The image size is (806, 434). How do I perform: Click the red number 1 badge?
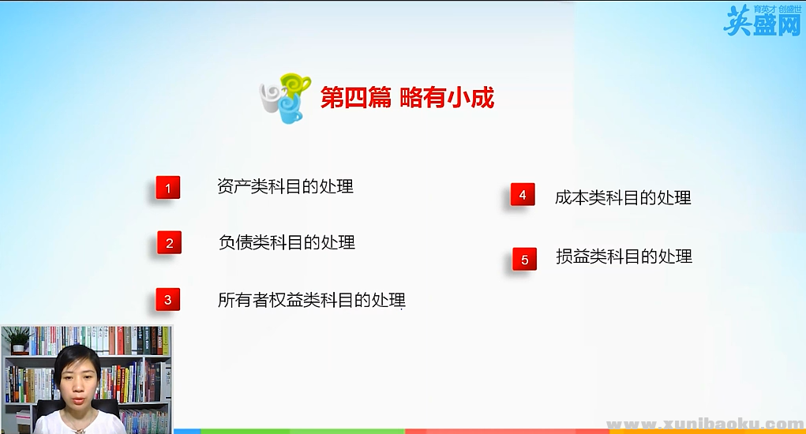click(168, 188)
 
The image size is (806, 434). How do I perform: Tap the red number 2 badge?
click(169, 243)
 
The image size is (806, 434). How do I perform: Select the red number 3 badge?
click(168, 300)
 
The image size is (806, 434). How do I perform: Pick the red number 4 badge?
click(523, 195)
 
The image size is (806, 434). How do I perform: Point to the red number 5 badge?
click(524, 259)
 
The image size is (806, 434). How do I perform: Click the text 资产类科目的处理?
click(285, 187)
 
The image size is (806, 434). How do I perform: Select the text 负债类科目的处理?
click(287, 242)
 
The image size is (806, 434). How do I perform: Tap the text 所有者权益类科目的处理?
click(311, 300)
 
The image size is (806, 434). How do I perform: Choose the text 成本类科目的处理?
click(623, 197)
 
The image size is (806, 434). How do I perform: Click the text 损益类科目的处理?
click(624, 256)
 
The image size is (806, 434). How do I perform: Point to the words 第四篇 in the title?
click(355, 98)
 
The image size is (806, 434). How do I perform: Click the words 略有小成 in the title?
click(447, 98)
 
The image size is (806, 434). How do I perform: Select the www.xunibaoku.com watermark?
click(703, 424)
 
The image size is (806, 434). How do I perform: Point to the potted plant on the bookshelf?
click(17, 340)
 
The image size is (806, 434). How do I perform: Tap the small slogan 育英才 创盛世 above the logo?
click(778, 9)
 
